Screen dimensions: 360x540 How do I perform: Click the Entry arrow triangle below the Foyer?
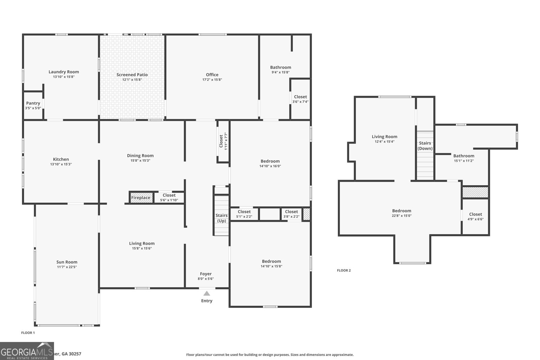207,294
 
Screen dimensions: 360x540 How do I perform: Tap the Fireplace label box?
141,198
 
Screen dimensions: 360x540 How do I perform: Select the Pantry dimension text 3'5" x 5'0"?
33,108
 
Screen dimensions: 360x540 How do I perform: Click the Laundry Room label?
63,72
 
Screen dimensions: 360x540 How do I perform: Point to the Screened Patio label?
132,75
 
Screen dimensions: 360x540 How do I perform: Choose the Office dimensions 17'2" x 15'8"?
212,80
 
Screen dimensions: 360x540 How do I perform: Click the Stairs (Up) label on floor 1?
221,218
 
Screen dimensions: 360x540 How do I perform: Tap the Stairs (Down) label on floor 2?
425,146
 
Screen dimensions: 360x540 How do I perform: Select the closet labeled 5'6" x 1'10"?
169,198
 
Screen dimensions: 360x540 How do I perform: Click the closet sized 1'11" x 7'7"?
223,141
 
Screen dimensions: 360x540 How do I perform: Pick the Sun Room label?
67,262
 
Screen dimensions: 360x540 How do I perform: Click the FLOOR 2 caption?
344,270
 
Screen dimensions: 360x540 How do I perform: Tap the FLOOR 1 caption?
28,333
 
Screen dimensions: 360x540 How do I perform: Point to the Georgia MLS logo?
27,351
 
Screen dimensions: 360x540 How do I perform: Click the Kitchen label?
61,159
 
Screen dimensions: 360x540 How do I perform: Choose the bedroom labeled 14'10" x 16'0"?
270,163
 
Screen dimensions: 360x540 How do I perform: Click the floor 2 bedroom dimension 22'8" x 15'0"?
402,216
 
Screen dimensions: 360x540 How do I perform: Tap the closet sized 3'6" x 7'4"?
300,99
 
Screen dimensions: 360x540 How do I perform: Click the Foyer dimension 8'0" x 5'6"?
206,279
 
